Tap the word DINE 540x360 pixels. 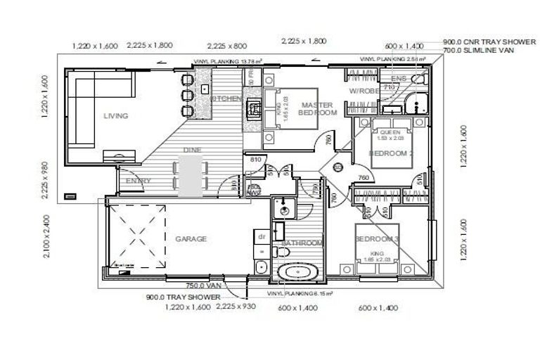(192, 150)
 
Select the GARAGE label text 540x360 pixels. (191, 239)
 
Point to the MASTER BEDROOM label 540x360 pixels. (319, 108)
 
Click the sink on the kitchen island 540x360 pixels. (204, 89)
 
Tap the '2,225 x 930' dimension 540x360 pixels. (235, 307)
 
